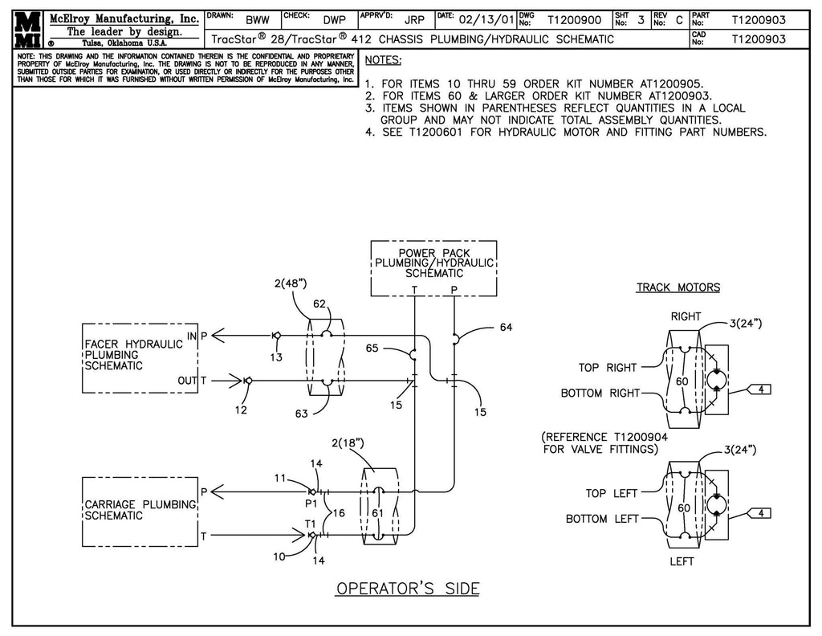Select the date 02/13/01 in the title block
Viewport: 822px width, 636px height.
point(486,20)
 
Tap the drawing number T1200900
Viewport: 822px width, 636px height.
point(574,20)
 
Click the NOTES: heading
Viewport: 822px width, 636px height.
point(383,61)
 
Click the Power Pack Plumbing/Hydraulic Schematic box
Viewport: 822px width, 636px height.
point(433,268)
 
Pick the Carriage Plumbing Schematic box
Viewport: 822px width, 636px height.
point(140,511)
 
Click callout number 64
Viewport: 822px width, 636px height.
point(504,327)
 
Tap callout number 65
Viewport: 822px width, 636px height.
point(372,348)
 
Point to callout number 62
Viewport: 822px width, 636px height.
point(319,304)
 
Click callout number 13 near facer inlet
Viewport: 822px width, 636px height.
point(276,357)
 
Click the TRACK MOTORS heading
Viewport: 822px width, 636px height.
point(678,287)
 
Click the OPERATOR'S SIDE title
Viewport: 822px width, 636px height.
point(407,589)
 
